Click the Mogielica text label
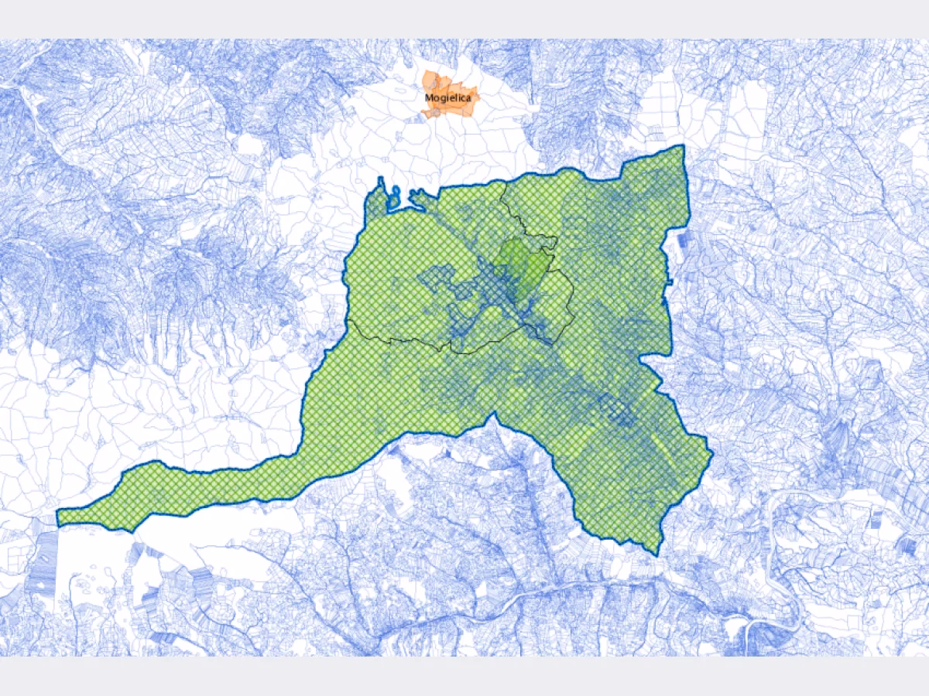447,98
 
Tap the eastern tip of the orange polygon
480,98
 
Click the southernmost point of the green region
657,554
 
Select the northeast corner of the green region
683,147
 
